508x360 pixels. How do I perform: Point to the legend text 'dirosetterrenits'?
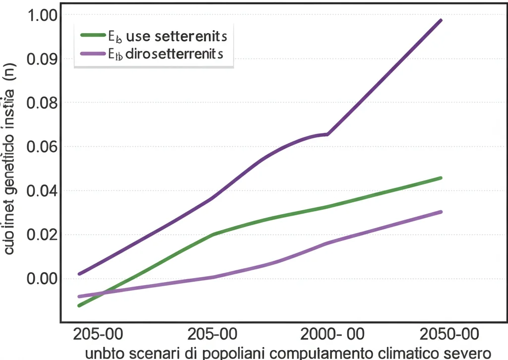(175, 54)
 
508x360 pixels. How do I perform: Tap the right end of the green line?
(441, 178)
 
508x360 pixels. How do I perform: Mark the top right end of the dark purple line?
(441, 20)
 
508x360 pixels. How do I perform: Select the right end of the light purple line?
(441, 212)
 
